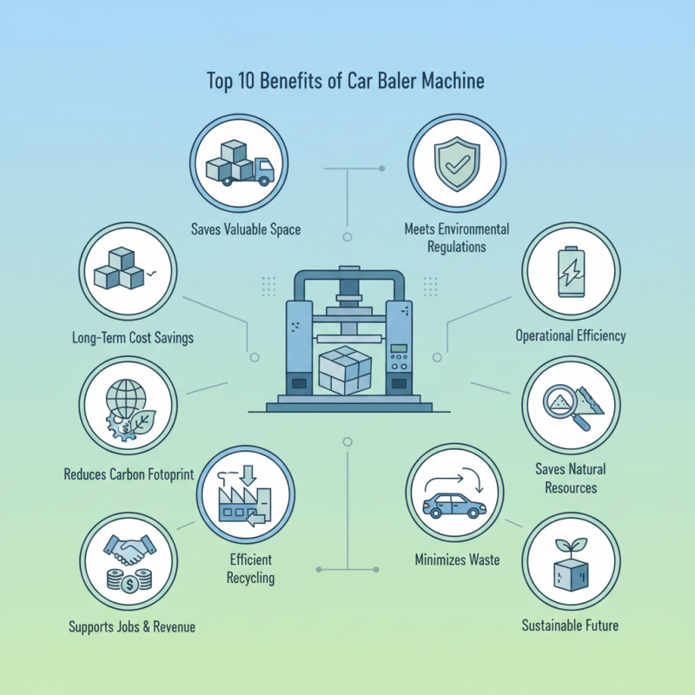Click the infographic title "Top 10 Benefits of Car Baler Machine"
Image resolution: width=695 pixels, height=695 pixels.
[x=346, y=82]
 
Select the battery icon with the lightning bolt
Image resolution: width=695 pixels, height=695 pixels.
[x=570, y=270]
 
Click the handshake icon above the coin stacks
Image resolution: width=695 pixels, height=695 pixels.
[x=129, y=549]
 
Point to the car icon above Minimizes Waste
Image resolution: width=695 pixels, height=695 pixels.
[x=453, y=506]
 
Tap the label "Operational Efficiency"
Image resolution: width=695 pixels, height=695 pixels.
[x=570, y=335]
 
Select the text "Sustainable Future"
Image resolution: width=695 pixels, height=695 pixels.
[x=570, y=625]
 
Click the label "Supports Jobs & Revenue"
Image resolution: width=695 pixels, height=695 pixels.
[x=131, y=626]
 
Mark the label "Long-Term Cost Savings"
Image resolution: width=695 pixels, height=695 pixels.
[x=133, y=336]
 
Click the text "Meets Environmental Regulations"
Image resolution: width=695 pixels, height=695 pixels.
[x=457, y=238]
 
